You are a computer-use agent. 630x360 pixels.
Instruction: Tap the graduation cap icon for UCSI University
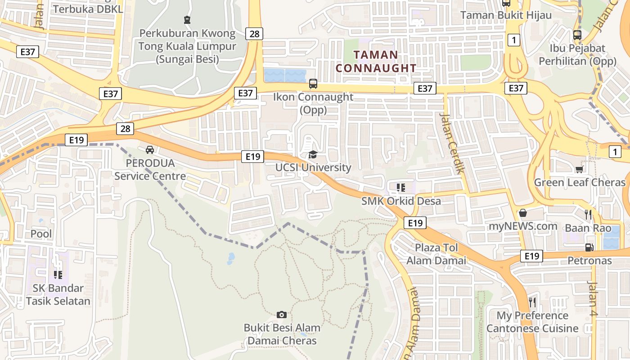312,155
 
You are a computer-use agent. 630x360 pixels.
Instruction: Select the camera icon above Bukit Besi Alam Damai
282,315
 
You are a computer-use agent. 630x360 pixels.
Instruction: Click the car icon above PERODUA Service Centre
150,149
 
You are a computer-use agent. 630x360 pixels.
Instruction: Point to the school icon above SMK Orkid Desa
400,187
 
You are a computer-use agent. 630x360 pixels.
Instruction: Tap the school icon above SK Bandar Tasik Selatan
58,274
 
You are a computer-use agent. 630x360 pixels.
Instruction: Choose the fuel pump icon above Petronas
589,247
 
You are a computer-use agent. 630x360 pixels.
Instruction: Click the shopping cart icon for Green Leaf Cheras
579,169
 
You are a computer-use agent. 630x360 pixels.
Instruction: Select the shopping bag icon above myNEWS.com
523,212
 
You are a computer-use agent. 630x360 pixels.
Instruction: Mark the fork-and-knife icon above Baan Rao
588,214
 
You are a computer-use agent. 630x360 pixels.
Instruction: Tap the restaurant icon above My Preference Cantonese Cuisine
532,301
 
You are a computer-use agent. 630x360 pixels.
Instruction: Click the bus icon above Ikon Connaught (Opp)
313,83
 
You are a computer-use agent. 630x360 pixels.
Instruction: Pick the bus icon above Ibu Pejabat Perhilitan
577,35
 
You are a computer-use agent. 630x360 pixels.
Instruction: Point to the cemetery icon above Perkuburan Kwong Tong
187,19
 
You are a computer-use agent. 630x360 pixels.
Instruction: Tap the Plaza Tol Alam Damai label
436,254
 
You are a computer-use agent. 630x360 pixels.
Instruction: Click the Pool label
41,234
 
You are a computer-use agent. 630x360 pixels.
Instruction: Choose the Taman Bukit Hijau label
506,15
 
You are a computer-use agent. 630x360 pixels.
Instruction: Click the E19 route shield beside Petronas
531,256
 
